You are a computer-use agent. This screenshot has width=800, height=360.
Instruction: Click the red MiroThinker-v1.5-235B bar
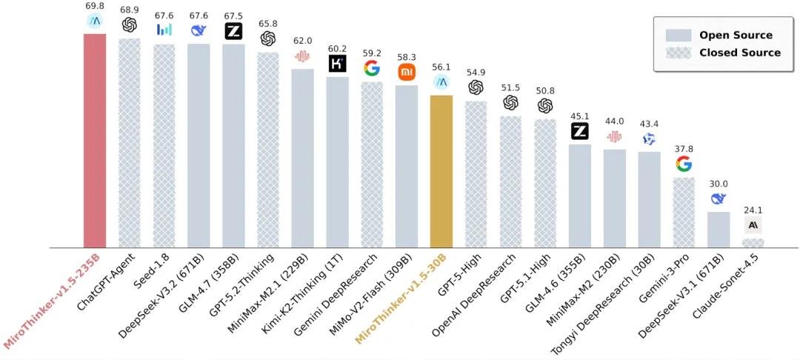(x=95, y=141)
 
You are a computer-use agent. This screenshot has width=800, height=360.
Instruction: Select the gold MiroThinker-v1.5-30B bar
(x=441, y=171)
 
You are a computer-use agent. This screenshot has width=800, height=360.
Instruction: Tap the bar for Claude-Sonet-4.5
(x=753, y=243)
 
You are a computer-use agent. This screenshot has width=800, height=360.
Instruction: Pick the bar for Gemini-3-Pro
(x=684, y=212)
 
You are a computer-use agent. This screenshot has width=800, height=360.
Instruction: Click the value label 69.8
(x=95, y=7)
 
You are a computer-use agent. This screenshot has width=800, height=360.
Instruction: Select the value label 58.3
(x=407, y=56)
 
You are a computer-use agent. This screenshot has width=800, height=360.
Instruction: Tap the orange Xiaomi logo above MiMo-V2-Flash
(x=407, y=72)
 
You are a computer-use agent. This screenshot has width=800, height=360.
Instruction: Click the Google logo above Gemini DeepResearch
(x=372, y=68)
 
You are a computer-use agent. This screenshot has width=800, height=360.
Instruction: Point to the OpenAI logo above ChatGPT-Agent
(x=130, y=25)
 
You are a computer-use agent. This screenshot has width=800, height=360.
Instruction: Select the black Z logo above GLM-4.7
(x=234, y=31)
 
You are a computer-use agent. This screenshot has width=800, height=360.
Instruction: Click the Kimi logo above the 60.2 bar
(x=337, y=64)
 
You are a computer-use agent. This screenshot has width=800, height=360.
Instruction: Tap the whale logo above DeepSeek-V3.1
(x=718, y=199)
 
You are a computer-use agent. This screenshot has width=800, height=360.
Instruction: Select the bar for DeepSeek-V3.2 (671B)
(x=199, y=145)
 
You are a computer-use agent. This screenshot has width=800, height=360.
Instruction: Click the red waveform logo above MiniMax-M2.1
(x=302, y=56)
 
